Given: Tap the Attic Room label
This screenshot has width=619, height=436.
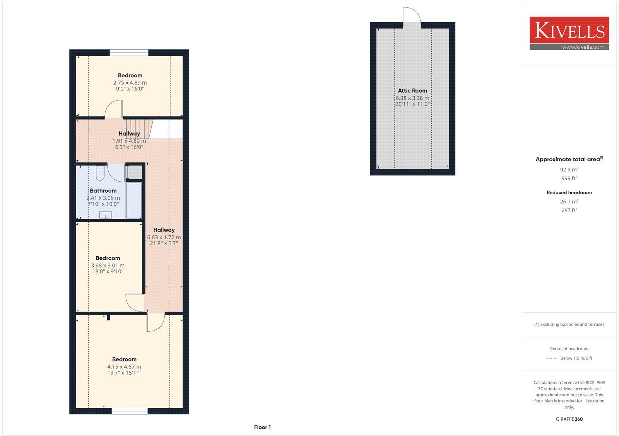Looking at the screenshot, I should tap(412, 91).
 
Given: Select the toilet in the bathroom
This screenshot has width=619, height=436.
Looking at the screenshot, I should tap(100, 173).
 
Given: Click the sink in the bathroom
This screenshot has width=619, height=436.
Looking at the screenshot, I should tap(105, 215).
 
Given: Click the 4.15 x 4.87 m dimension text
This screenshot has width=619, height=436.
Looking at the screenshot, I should tap(124, 367).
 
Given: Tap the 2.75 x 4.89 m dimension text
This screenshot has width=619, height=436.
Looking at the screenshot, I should tap(130, 83).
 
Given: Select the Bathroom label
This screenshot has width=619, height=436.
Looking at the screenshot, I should tap(103, 191).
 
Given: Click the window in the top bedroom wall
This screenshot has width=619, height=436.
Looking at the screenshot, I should tap(129, 53).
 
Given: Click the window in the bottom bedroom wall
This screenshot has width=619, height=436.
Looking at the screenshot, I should tap(130, 411).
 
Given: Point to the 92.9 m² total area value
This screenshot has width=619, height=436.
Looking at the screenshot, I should tap(569, 170).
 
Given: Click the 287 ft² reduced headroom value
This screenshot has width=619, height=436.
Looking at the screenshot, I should tap(569, 211).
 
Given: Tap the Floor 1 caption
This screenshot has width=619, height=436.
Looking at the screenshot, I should tap(262, 427).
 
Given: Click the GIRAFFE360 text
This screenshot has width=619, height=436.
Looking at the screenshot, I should tap(569, 419).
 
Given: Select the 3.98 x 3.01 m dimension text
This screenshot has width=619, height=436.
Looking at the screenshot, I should tap(108, 266).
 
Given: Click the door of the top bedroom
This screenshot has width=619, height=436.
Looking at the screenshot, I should tap(114, 109).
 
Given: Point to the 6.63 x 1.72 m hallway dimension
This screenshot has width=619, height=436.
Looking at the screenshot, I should tap(164, 237).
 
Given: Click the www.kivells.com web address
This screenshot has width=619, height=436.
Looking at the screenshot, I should tap(583, 47).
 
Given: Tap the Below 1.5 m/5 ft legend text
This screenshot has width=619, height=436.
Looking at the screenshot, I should tap(576, 358).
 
